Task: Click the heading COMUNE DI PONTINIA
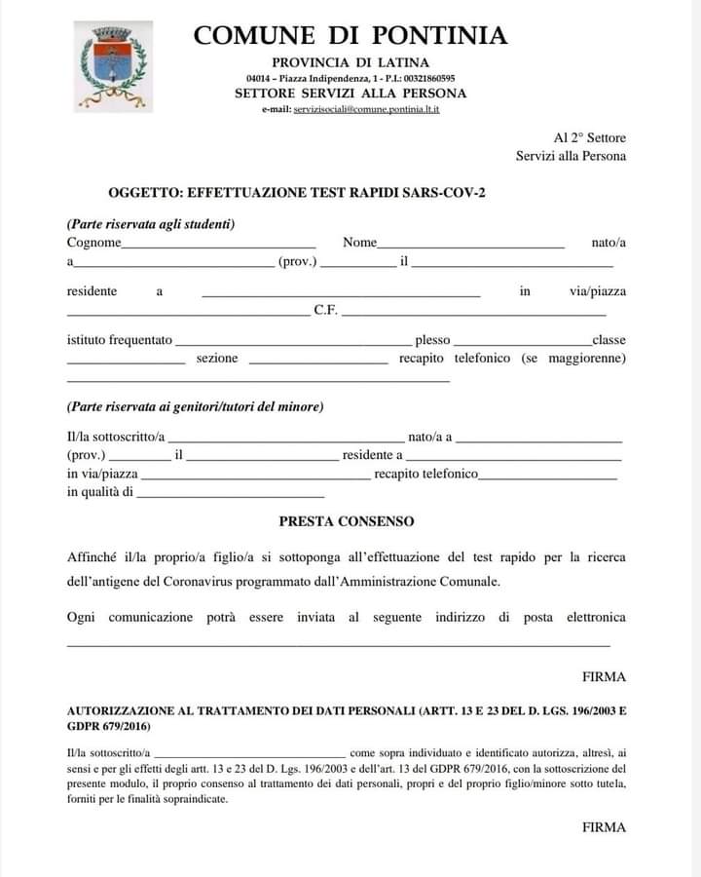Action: pos(350,36)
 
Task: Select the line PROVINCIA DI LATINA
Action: pos(350,62)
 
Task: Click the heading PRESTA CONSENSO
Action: pos(347,521)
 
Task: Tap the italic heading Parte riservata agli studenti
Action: pos(151,223)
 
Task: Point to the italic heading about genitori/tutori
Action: pos(195,406)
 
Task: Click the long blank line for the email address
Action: pos(338,643)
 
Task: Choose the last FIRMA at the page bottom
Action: pos(604,827)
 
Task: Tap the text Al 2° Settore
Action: pos(589,138)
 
